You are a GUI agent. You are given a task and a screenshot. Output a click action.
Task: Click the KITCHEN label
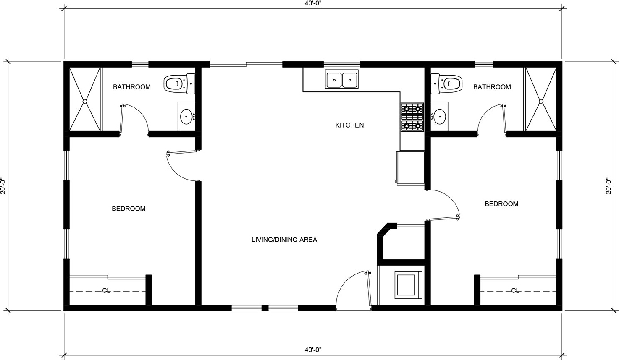tap(349, 125)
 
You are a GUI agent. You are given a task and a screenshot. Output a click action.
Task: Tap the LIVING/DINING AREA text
tap(284, 240)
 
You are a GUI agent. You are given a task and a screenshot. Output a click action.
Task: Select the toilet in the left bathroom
tap(179, 83)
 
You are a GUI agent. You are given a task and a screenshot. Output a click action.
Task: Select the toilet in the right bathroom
tap(446, 83)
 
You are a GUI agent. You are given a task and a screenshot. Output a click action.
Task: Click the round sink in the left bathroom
tap(186, 117)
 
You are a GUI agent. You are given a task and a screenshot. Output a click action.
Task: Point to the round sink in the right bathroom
tap(439, 117)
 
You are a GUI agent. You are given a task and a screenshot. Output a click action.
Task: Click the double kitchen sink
tap(341, 79)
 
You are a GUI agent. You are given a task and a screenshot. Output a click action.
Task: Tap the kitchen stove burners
tap(412, 117)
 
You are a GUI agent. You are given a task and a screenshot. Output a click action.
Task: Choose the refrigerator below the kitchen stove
tap(410, 168)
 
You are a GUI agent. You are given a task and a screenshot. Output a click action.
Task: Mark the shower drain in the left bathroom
tap(85, 101)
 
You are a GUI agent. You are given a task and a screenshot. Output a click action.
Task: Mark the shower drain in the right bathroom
tap(541, 101)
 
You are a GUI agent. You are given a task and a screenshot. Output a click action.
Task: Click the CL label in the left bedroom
tap(106, 290)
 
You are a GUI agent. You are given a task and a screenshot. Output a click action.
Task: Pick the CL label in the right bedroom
tap(515, 290)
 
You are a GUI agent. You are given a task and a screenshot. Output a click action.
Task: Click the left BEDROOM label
tap(129, 209)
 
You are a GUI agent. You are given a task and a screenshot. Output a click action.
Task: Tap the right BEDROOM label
tap(501, 204)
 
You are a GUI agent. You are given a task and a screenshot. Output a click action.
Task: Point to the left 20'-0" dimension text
tap(3, 185)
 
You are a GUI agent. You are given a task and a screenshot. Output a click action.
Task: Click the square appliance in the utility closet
tap(409, 285)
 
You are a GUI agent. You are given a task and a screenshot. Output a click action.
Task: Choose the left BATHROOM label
tap(132, 87)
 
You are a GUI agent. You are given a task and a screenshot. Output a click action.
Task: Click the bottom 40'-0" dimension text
tap(313, 350)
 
